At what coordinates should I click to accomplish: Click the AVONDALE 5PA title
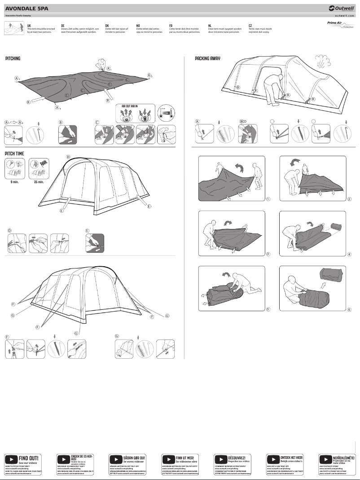click(x=27, y=8)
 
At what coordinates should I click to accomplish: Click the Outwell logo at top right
click(x=341, y=8)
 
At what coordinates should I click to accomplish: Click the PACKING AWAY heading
click(x=207, y=59)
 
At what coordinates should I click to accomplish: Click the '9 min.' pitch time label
click(x=14, y=182)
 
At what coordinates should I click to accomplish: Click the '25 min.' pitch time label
click(x=39, y=182)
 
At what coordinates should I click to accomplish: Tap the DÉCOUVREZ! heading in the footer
click(x=237, y=457)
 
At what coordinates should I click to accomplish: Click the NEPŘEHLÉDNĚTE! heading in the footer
click(x=343, y=457)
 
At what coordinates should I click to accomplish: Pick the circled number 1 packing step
click(x=268, y=199)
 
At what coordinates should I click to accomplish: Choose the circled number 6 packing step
click(x=349, y=309)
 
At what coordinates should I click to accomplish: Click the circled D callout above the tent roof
click(x=68, y=157)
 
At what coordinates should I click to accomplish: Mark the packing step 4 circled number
click(x=349, y=254)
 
